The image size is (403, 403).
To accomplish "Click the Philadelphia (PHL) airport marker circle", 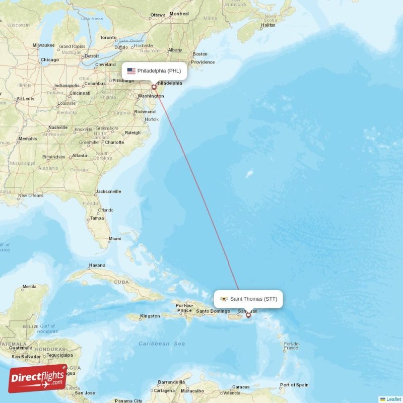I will [154, 87].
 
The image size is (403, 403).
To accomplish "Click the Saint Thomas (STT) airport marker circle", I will [248, 315].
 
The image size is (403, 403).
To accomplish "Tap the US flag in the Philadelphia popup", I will [131, 71].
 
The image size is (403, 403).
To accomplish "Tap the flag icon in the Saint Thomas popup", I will [224, 299].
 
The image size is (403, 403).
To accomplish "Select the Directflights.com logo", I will [38, 378].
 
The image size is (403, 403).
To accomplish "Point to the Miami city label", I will [114, 238].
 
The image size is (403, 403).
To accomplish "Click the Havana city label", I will [97, 265].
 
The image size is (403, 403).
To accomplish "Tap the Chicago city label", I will [49, 59].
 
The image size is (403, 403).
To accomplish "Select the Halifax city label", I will [268, 25].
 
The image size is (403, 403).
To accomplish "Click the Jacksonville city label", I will [108, 191].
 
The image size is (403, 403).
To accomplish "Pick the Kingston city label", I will [150, 316].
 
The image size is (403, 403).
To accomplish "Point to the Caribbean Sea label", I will [162, 344].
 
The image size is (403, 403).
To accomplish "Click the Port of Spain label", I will [294, 385].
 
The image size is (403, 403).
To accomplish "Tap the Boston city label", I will [200, 54].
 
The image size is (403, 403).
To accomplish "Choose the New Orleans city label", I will [30, 195].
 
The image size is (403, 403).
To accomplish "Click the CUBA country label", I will [121, 282].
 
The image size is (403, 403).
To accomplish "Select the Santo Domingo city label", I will [213, 311].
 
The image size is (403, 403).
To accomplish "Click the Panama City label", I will [128, 401].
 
